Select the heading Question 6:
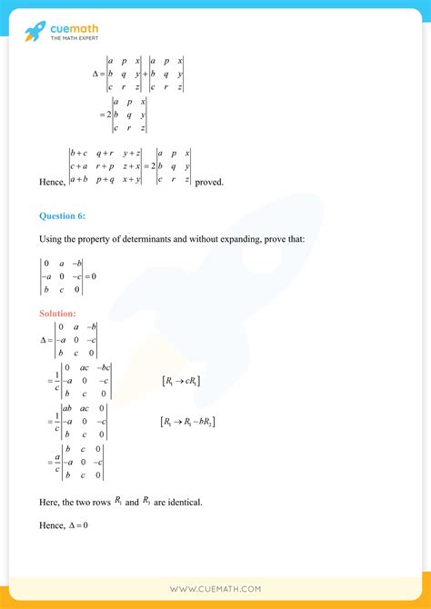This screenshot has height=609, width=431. pyautogui.click(x=63, y=216)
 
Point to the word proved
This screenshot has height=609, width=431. pyautogui.click(x=210, y=183)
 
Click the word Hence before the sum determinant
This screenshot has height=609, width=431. pyautogui.click(x=52, y=183)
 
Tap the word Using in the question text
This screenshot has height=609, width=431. pyautogui.click(x=50, y=240)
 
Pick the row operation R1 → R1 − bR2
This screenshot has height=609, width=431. pyautogui.click(x=187, y=422)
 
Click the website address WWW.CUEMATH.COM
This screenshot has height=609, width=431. pyautogui.click(x=215, y=590)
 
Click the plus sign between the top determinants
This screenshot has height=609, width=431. pyautogui.click(x=145, y=74)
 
